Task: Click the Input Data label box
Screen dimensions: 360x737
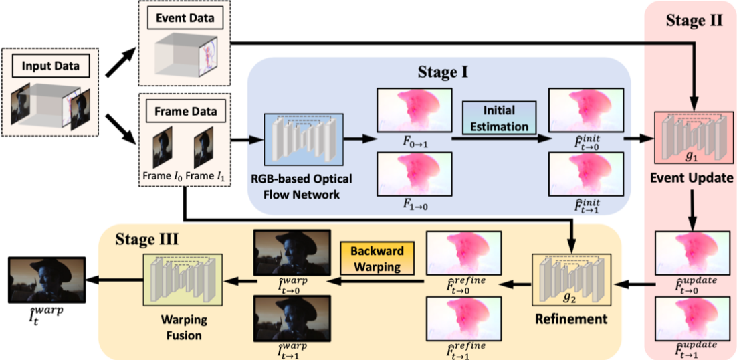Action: pos(50,66)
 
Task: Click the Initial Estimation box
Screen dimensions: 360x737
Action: pos(498,118)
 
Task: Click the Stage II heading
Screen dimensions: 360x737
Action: pos(694,20)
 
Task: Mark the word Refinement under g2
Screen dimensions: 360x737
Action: pos(570,319)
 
